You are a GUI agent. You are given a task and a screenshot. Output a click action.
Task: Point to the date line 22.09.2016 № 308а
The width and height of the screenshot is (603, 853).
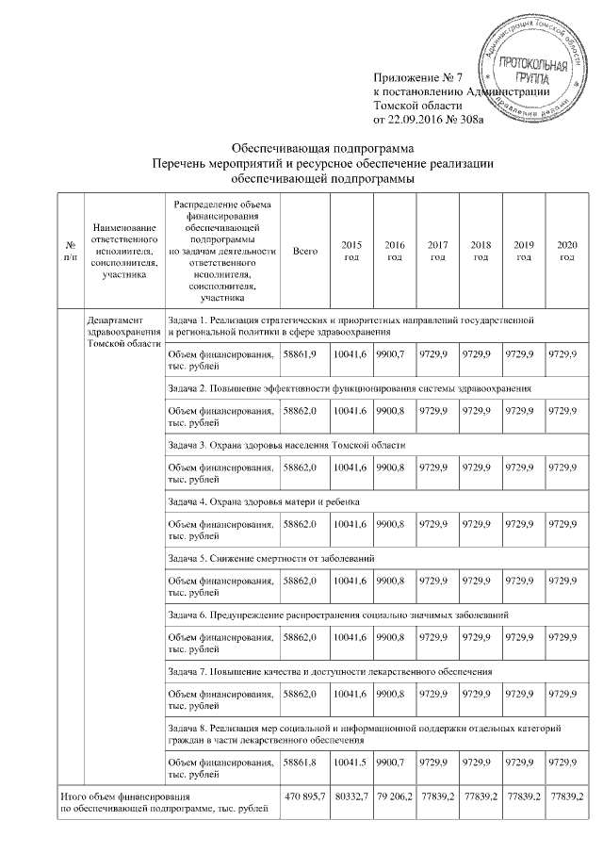[429, 121]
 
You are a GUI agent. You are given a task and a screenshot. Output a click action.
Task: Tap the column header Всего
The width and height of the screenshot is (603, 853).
[304, 252]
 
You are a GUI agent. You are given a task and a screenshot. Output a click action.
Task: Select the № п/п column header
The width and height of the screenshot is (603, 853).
[70, 252]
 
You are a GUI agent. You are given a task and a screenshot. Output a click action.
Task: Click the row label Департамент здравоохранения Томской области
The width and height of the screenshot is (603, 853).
[123, 332]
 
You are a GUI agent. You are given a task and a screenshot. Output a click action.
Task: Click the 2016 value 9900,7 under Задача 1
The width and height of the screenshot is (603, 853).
[390, 353]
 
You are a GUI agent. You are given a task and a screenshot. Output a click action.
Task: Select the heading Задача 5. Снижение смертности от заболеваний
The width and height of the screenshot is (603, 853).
[271, 559]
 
